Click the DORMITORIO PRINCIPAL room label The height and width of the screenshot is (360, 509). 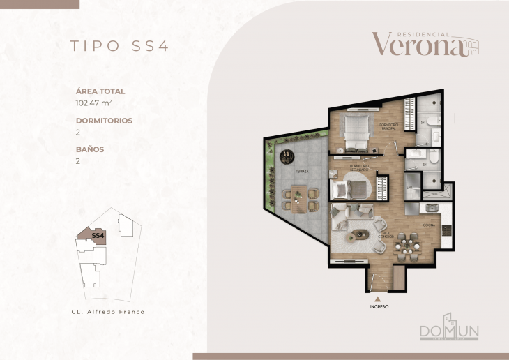[388, 125]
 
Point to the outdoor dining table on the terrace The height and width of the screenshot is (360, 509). [298, 196]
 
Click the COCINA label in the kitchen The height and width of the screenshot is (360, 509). [430, 225]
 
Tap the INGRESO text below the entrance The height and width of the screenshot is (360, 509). [379, 306]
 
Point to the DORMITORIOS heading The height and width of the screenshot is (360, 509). [104, 120]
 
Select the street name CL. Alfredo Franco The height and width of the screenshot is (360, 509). [108, 311]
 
